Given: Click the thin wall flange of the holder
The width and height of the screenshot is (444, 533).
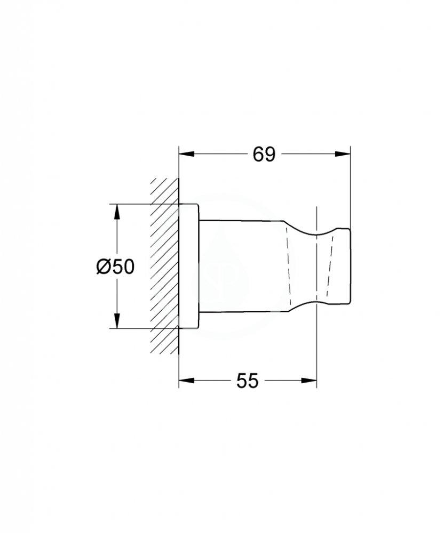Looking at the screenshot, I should pyautogui.click(x=189, y=266).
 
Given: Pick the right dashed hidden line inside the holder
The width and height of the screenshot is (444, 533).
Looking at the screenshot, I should pyautogui.click(x=330, y=266).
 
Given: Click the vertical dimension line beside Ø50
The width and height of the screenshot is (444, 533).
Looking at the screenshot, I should pyautogui.click(x=116, y=240).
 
